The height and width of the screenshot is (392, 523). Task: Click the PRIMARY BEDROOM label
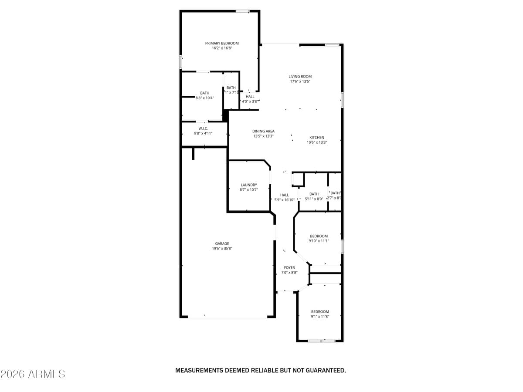222,43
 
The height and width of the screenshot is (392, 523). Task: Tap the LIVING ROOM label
300,76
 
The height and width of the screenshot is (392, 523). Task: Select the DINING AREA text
263,131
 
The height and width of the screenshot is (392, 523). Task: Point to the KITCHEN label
317,137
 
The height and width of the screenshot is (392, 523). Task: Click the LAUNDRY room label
248,185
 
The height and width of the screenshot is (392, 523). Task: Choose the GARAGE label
222,243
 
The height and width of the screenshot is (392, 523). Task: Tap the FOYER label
289,267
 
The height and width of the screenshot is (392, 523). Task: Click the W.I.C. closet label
203,128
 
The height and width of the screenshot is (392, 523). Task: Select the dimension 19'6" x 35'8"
222,249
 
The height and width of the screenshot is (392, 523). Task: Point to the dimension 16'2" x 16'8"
222,48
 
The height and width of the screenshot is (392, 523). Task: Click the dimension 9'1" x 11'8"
320,317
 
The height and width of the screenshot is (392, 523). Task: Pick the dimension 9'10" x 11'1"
319,241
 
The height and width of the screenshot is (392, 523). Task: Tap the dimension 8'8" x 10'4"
204,98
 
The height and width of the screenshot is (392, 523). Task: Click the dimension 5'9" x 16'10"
284,200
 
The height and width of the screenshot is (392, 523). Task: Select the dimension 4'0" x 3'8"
250,101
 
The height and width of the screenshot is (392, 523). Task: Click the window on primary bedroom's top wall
242,11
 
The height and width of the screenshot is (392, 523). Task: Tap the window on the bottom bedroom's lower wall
322,341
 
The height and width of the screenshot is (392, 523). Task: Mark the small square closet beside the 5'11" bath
298,179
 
